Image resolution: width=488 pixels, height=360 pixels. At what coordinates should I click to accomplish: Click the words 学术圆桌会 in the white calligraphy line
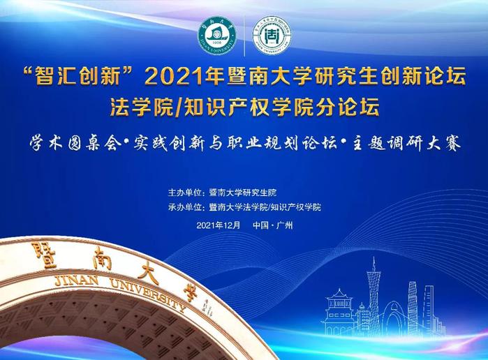point(73,144)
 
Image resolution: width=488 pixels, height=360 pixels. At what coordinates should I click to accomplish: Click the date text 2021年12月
point(219,225)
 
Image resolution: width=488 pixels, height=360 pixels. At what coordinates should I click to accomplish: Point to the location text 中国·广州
point(273,225)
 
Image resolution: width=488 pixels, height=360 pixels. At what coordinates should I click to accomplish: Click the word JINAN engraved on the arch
point(76,280)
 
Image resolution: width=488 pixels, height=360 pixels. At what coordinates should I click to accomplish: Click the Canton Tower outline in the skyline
point(374,296)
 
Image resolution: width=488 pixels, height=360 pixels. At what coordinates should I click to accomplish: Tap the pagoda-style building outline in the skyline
point(339,312)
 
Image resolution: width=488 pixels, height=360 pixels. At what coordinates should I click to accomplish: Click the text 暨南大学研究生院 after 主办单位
point(243,193)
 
